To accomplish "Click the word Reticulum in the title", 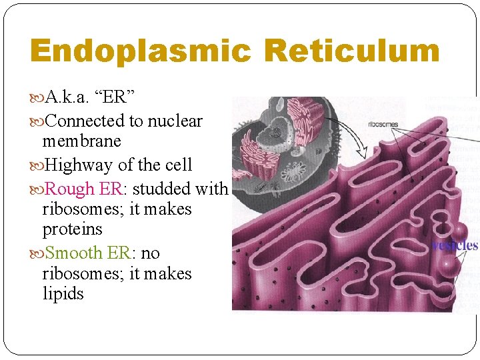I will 351,52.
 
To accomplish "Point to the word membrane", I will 81,141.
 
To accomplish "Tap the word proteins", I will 72,229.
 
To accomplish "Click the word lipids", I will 63,294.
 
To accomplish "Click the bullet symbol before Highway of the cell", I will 36,165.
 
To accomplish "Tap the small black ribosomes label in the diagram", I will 383,124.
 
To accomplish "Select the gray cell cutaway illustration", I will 280,143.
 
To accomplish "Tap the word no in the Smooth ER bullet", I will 151,253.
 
